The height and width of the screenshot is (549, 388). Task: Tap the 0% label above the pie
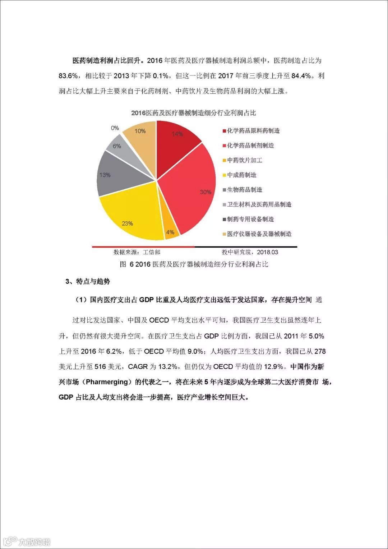(115, 128)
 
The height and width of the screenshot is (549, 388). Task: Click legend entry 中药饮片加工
(244, 160)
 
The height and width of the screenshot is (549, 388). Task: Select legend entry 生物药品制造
(244, 190)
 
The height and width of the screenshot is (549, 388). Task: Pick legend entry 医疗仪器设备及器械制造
(259, 234)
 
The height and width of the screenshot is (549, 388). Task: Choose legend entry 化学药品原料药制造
(253, 131)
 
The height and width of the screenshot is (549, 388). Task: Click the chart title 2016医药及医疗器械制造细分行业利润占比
(194, 113)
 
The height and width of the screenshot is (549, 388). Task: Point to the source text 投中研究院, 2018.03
(250, 252)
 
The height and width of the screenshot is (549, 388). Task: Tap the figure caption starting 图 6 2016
(194, 264)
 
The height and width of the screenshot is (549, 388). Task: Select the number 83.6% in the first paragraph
(68, 76)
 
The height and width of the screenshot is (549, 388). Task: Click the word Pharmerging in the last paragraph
(107, 382)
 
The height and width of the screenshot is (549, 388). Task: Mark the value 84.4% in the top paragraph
(301, 76)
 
